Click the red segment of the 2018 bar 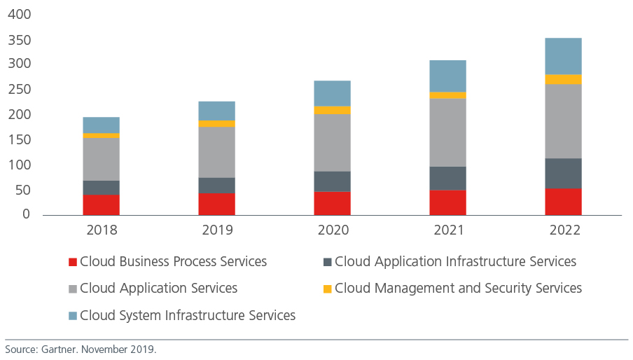(x=101, y=205)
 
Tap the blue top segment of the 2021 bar (x=447, y=76)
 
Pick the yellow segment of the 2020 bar (x=332, y=110)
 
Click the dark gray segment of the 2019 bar (x=216, y=185)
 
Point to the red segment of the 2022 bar (x=563, y=202)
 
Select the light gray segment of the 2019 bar (x=216, y=152)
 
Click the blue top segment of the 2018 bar (x=101, y=125)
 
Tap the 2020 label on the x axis (x=332, y=230)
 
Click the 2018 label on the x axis (x=101, y=230)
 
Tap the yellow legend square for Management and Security (x=327, y=289)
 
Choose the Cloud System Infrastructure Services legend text (x=188, y=315)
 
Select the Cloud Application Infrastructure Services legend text (x=455, y=262)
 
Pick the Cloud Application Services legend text (x=159, y=289)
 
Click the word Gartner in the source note (x=58, y=349)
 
